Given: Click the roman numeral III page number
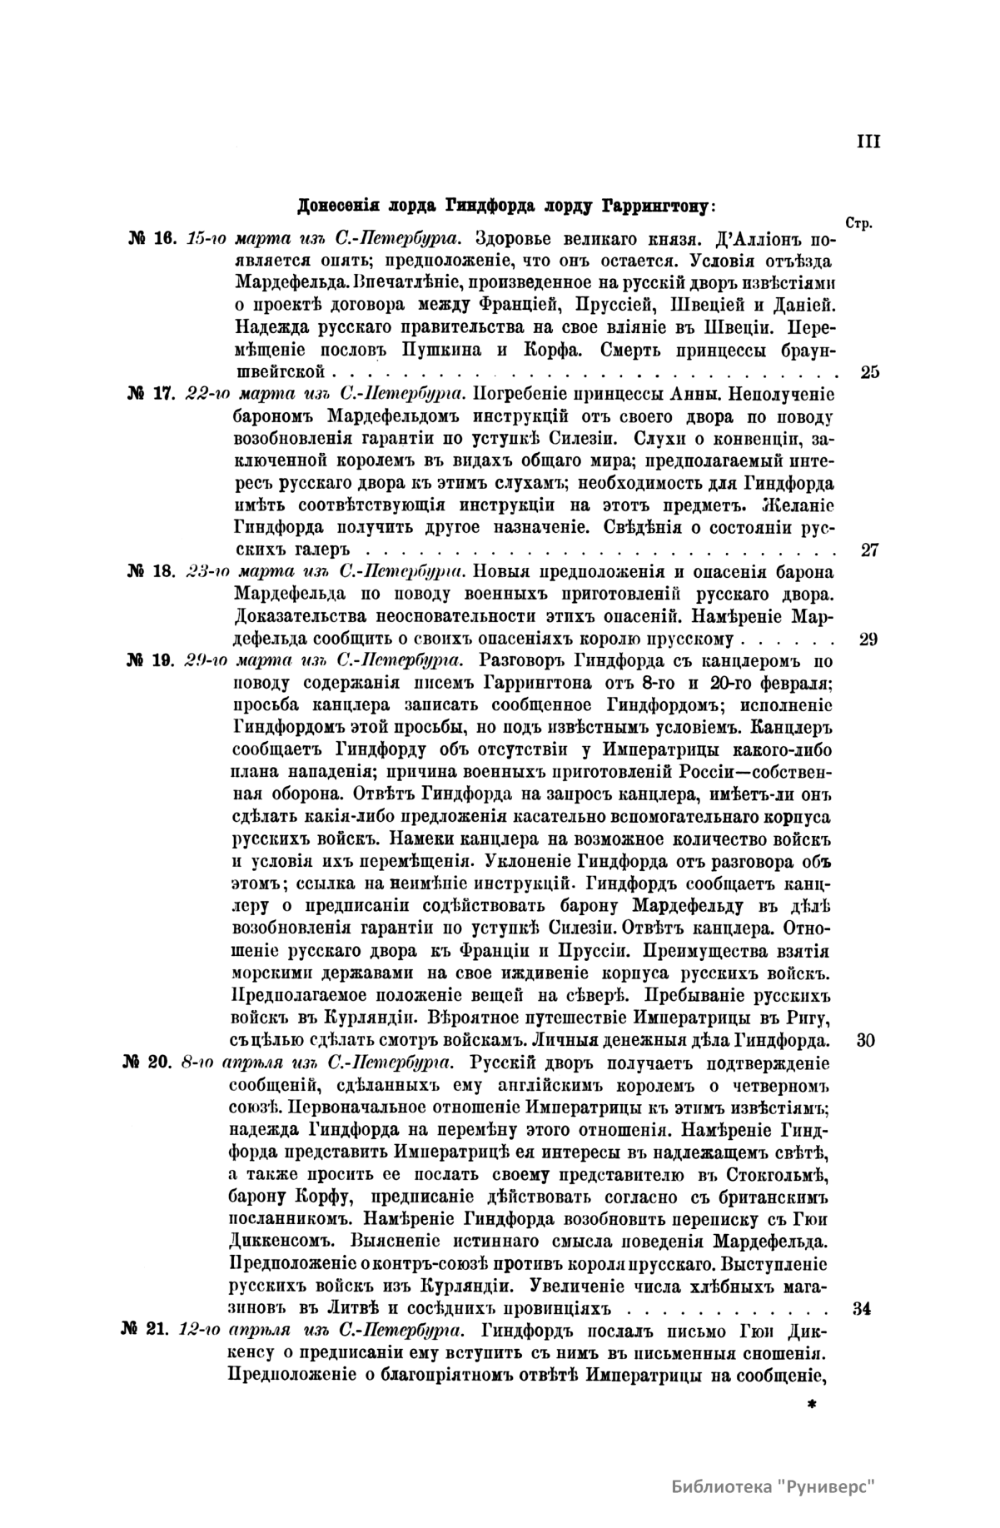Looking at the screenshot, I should point(868,142).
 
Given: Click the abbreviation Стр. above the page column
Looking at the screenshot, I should point(857,224).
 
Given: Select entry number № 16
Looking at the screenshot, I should point(150,238).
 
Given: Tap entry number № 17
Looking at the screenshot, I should point(150,393).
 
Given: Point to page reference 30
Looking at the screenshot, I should point(865,1040).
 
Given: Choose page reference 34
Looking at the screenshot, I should point(863,1307).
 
